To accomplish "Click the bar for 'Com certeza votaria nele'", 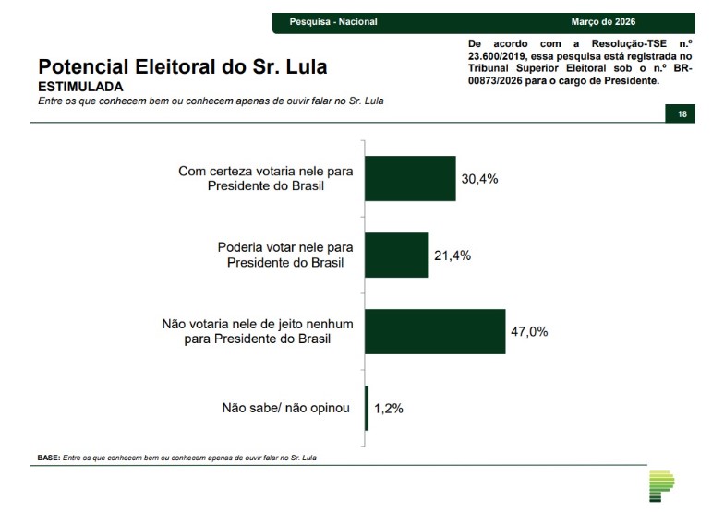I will (410, 179).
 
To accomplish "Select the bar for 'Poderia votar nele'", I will (397, 256).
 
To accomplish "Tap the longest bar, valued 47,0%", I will (435, 331).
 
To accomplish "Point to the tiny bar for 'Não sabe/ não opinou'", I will (367, 408).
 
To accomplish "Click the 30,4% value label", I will (479, 179).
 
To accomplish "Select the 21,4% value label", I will (453, 256).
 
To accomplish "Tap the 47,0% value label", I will (529, 331).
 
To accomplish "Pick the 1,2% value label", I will (389, 408).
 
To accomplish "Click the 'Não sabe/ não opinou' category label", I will (285, 407).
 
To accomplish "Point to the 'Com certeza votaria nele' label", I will (265, 171).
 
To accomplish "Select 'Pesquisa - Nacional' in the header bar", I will (333, 21).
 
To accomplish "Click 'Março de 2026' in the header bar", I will (604, 21).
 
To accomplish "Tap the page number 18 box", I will (682, 113).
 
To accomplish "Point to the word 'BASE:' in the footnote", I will (48, 458).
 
